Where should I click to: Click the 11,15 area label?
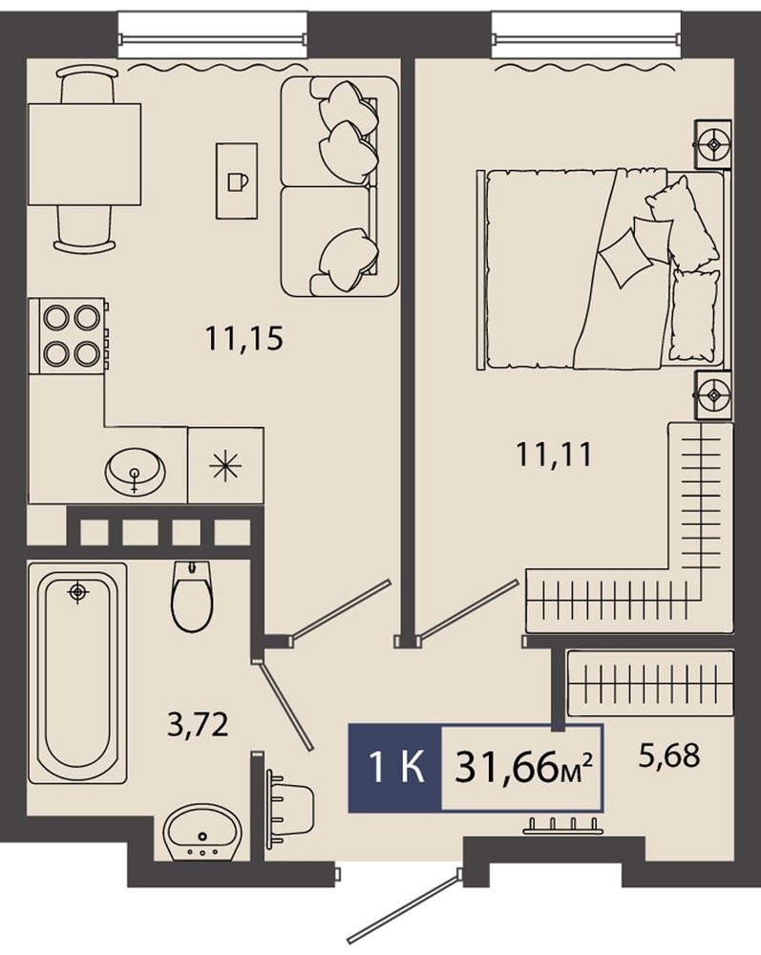tap(244, 338)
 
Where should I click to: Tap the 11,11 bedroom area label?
tap(554, 454)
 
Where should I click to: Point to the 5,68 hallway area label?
tap(669, 755)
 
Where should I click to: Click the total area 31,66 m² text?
tap(523, 769)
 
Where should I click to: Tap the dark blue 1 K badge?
tap(394, 769)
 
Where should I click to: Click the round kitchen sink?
tap(136, 470)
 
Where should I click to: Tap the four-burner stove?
tap(72, 335)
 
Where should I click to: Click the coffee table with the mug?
tap(237, 180)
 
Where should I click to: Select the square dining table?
tap(85, 155)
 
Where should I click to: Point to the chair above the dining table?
tap(86, 85)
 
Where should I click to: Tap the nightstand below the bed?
tap(713, 395)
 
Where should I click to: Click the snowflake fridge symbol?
tap(226, 466)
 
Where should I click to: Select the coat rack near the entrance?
tap(563, 825)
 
